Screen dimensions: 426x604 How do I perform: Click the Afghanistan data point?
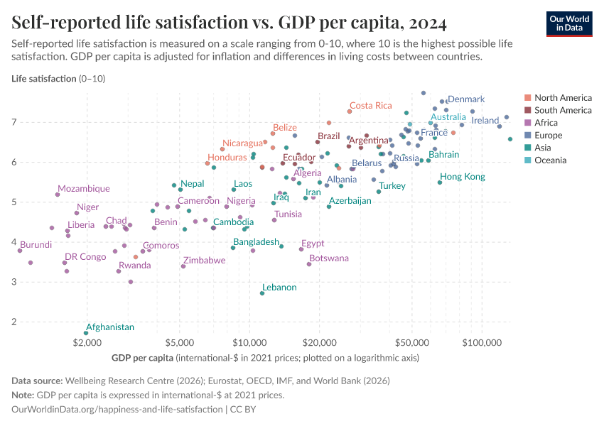(x=87, y=333)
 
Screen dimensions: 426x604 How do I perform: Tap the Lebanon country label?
(x=279, y=288)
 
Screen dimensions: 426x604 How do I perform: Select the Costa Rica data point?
(x=350, y=111)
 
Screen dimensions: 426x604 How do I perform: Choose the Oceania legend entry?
(x=550, y=160)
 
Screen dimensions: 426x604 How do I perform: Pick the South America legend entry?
(x=562, y=110)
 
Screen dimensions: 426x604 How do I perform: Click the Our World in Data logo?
(x=568, y=23)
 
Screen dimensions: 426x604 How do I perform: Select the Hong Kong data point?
(x=440, y=182)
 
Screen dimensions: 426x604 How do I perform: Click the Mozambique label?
(x=84, y=189)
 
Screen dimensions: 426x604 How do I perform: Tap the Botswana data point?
(x=309, y=264)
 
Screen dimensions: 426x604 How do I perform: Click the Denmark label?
(x=466, y=99)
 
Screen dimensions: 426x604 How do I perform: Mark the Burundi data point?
(x=20, y=251)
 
